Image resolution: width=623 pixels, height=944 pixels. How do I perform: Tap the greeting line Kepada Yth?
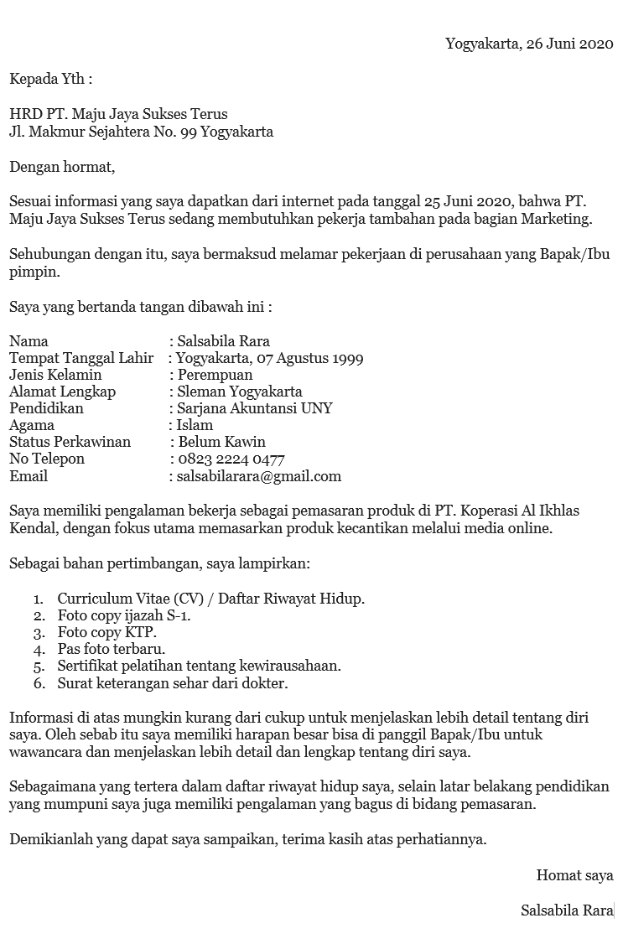tap(50, 80)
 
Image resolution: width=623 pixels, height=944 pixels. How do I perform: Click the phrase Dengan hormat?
tap(62, 167)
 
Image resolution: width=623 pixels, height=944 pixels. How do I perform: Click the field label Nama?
tap(29, 341)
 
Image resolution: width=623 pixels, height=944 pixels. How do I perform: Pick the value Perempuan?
tap(215, 375)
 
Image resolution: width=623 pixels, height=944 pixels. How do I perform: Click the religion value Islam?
tap(195, 425)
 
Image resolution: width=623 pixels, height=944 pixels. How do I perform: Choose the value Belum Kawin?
tap(222, 442)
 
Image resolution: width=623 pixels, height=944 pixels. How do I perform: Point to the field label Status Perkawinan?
tap(70, 442)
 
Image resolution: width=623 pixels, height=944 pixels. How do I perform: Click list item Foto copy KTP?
tap(106, 632)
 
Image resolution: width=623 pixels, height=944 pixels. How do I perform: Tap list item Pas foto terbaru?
tap(111, 649)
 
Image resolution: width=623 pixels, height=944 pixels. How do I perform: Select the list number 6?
tap(39, 683)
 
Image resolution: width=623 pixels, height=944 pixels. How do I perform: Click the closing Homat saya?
tap(574, 875)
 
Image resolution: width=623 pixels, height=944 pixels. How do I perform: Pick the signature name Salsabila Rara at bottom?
tap(567, 910)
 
